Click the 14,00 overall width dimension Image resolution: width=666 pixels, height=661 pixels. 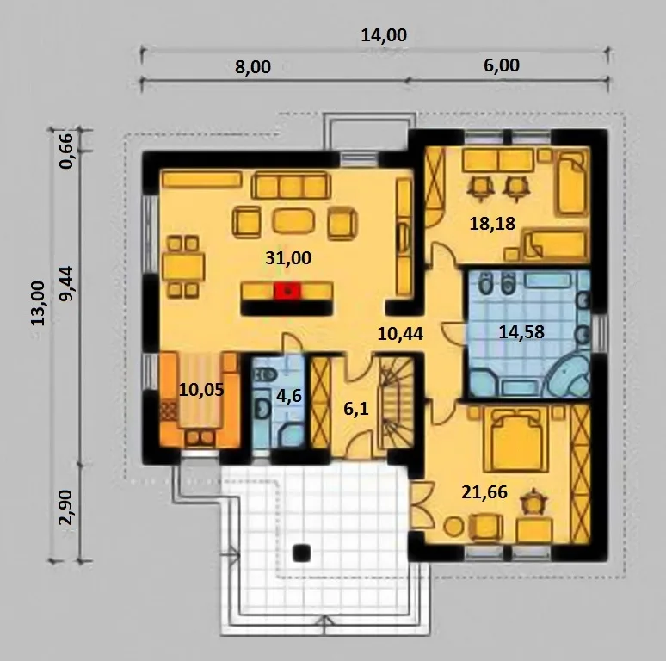384,35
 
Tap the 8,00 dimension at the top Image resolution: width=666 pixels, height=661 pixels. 253,67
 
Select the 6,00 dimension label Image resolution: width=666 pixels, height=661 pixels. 502,65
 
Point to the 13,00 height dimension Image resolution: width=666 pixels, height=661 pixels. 37,303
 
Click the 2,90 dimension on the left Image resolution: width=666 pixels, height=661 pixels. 66,507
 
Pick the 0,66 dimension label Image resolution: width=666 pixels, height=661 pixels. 66,151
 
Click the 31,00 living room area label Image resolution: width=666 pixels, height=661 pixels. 288,258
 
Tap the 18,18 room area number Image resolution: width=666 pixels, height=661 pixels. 492,224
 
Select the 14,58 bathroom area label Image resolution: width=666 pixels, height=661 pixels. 521,331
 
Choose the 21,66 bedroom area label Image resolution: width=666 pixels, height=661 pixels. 484,492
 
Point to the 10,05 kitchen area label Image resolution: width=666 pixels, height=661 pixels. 200,390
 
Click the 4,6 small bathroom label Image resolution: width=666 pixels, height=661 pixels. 289,397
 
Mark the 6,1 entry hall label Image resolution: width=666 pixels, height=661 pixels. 356,409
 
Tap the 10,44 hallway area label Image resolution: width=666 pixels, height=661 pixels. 400,334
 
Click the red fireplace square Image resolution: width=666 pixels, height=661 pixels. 287,291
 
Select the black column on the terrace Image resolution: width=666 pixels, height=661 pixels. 302,553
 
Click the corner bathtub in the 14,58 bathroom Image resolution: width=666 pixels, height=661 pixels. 568,378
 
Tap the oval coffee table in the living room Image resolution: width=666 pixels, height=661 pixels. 293,221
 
